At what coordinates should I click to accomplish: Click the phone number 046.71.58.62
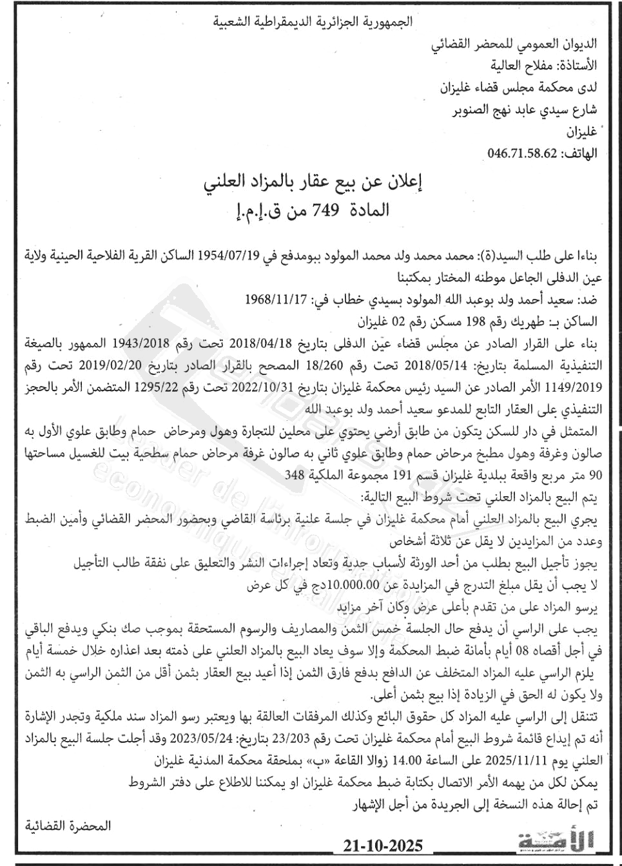(x=523, y=153)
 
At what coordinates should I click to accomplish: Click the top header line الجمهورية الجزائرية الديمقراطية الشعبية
(x=313, y=22)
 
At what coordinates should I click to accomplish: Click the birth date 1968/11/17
(x=273, y=300)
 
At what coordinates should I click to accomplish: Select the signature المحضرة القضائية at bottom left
(x=68, y=825)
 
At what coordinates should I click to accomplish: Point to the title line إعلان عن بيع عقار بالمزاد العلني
(x=313, y=184)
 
